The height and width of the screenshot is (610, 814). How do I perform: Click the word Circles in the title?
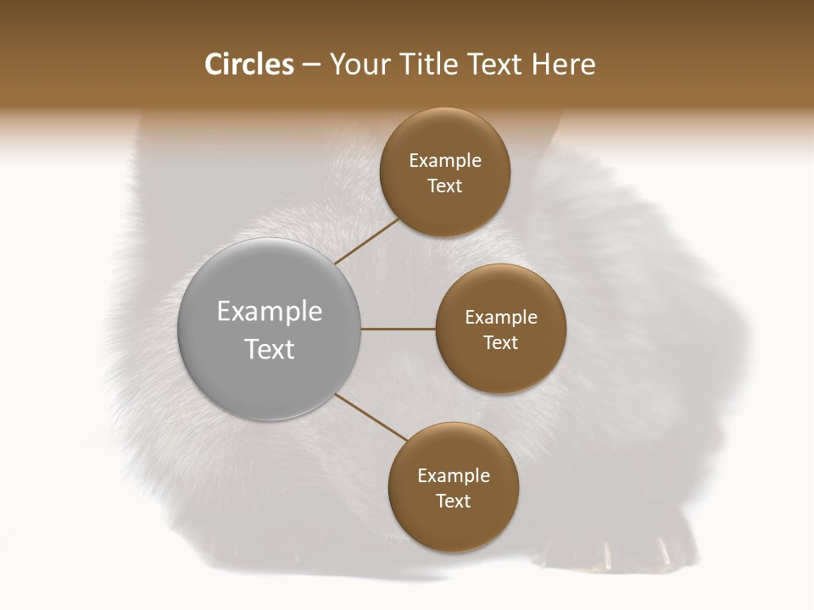click(x=249, y=64)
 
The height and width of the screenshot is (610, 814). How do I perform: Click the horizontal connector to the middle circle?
click(x=399, y=329)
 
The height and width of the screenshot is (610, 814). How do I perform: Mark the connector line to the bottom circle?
click(x=371, y=417)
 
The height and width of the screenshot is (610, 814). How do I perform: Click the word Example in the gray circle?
click(x=270, y=312)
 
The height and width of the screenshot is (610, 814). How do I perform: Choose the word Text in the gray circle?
click(x=270, y=349)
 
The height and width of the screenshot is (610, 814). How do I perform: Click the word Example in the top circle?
click(x=445, y=161)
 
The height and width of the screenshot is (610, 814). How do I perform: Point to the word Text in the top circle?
click(x=445, y=186)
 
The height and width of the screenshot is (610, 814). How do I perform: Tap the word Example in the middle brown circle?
click(x=501, y=318)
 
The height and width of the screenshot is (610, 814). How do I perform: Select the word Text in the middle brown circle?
click(x=501, y=343)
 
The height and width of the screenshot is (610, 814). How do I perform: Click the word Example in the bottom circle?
click(x=454, y=476)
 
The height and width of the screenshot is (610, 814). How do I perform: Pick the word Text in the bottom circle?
click(x=454, y=502)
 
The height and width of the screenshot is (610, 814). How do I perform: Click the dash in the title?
click(x=311, y=65)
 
